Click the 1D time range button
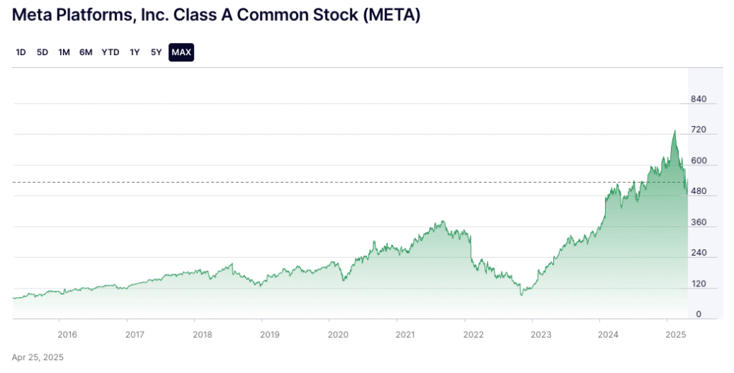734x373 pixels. point(21,52)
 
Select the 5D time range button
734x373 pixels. point(42,52)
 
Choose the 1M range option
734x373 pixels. point(64,52)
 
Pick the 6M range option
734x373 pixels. point(86,52)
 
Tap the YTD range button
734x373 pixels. point(110,52)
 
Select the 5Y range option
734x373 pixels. point(156,52)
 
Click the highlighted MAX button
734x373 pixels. point(181,52)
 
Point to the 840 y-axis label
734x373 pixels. point(699,99)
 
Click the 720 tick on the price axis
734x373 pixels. point(699,130)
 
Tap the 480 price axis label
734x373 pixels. point(699,191)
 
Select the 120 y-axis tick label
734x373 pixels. point(699,284)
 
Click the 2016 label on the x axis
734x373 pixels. point(67,334)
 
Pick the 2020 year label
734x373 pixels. point(337,334)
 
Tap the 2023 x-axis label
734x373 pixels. point(540,334)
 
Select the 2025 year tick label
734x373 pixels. point(676,334)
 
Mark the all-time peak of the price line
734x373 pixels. point(675,131)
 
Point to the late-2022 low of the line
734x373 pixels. point(522,294)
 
